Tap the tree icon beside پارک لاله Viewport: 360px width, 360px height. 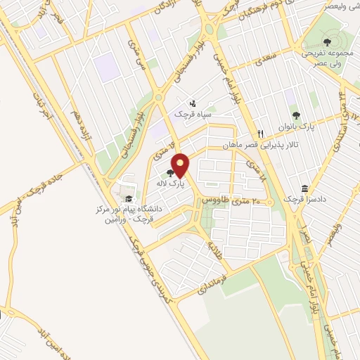(x=171, y=172)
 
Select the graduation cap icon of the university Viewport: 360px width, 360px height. (x=127, y=199)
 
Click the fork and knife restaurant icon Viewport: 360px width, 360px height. (x=261, y=133)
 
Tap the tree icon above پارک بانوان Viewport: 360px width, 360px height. (x=296, y=115)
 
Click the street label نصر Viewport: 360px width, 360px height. (x=304, y=236)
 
